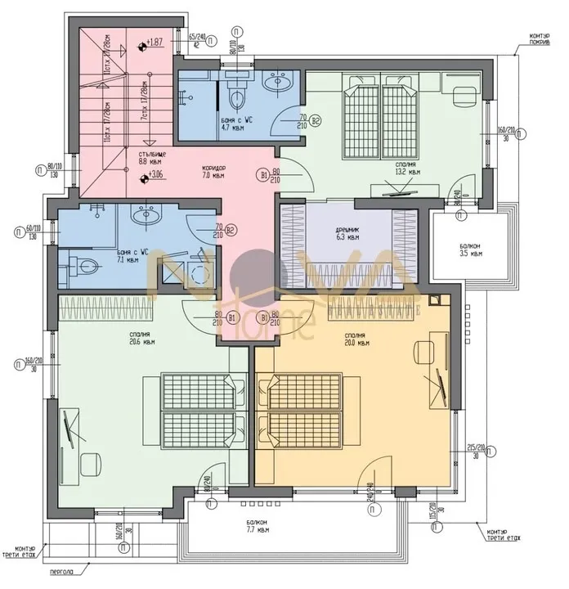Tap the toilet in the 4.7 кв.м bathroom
pos(236,97)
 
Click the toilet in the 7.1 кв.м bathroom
pos(85,266)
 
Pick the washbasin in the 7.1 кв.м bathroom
pos(149,217)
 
